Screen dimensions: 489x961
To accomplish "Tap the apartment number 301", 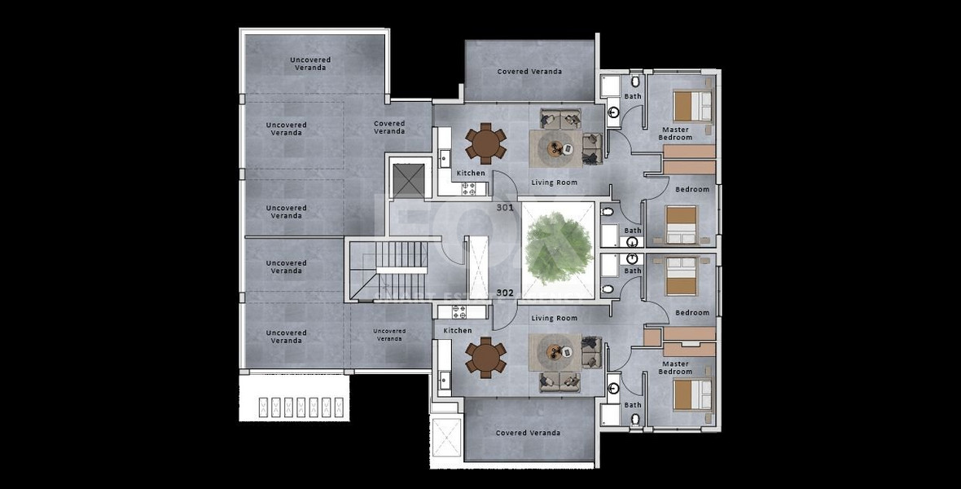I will coord(505,208).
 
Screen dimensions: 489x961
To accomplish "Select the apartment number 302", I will coord(505,293).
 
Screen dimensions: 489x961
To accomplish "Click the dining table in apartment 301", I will coord(486,143).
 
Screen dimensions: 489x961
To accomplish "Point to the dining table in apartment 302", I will coord(486,359).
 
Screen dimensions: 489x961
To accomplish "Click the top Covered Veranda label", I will coord(529,72).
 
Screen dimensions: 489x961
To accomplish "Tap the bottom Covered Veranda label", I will coord(529,433).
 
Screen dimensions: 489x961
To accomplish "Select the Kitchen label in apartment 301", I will coord(470,173).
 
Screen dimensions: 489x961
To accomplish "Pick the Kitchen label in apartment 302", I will coord(458,330).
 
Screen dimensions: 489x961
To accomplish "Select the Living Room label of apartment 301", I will coord(554,183).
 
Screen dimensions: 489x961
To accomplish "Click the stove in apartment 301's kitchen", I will coord(470,188).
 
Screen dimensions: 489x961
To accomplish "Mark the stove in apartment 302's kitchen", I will coord(459,311).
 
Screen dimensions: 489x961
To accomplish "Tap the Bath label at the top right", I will coord(633,96).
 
